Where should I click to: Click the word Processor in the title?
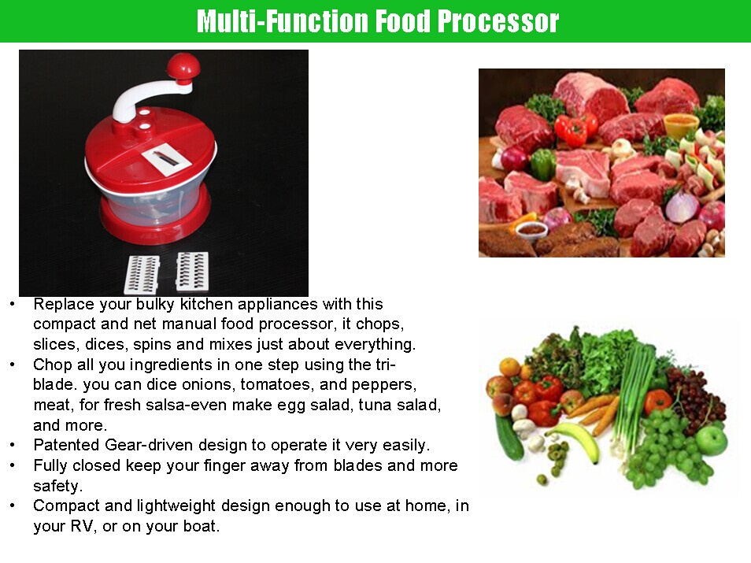click(498, 21)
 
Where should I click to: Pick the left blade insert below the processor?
click(142, 274)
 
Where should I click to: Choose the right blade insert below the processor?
click(193, 272)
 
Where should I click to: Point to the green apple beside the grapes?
click(712, 440)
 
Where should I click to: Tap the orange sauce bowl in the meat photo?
click(680, 125)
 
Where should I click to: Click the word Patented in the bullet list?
click(65, 445)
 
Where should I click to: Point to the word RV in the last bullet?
click(82, 526)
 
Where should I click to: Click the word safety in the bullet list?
click(56, 487)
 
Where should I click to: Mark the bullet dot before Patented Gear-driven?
click(13, 445)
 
